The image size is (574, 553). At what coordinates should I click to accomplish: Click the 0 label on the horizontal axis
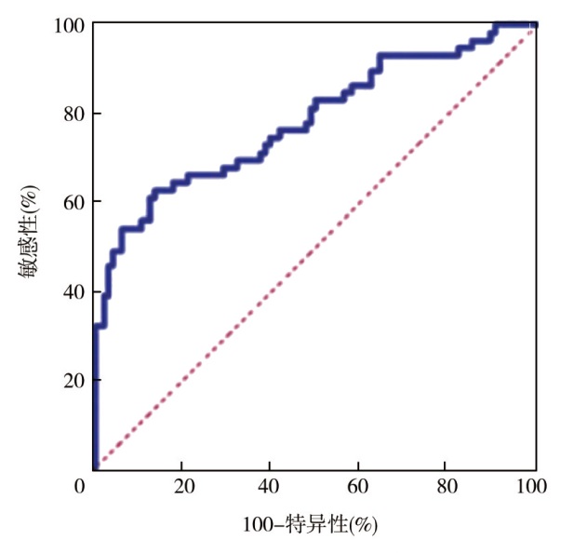coord(81,486)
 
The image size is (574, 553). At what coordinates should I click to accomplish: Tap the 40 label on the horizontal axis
coord(271,486)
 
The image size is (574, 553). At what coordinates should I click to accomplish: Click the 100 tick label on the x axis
coord(535,486)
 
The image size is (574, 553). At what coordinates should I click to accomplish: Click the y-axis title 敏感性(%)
coord(29,232)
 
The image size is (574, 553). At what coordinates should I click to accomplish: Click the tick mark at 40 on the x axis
coord(271,465)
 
